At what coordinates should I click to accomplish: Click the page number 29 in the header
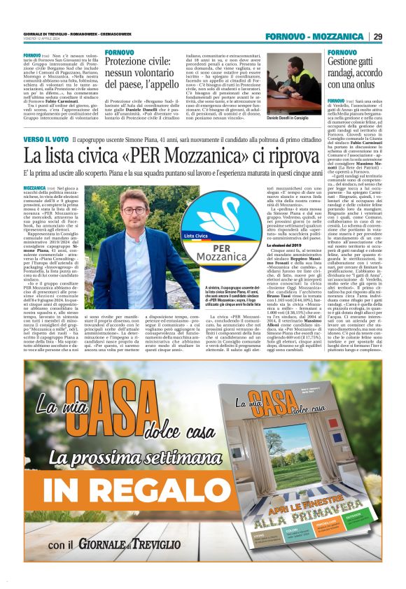pyautogui.click(x=377, y=36)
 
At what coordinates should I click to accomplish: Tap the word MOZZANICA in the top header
pyautogui.click(x=338, y=36)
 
